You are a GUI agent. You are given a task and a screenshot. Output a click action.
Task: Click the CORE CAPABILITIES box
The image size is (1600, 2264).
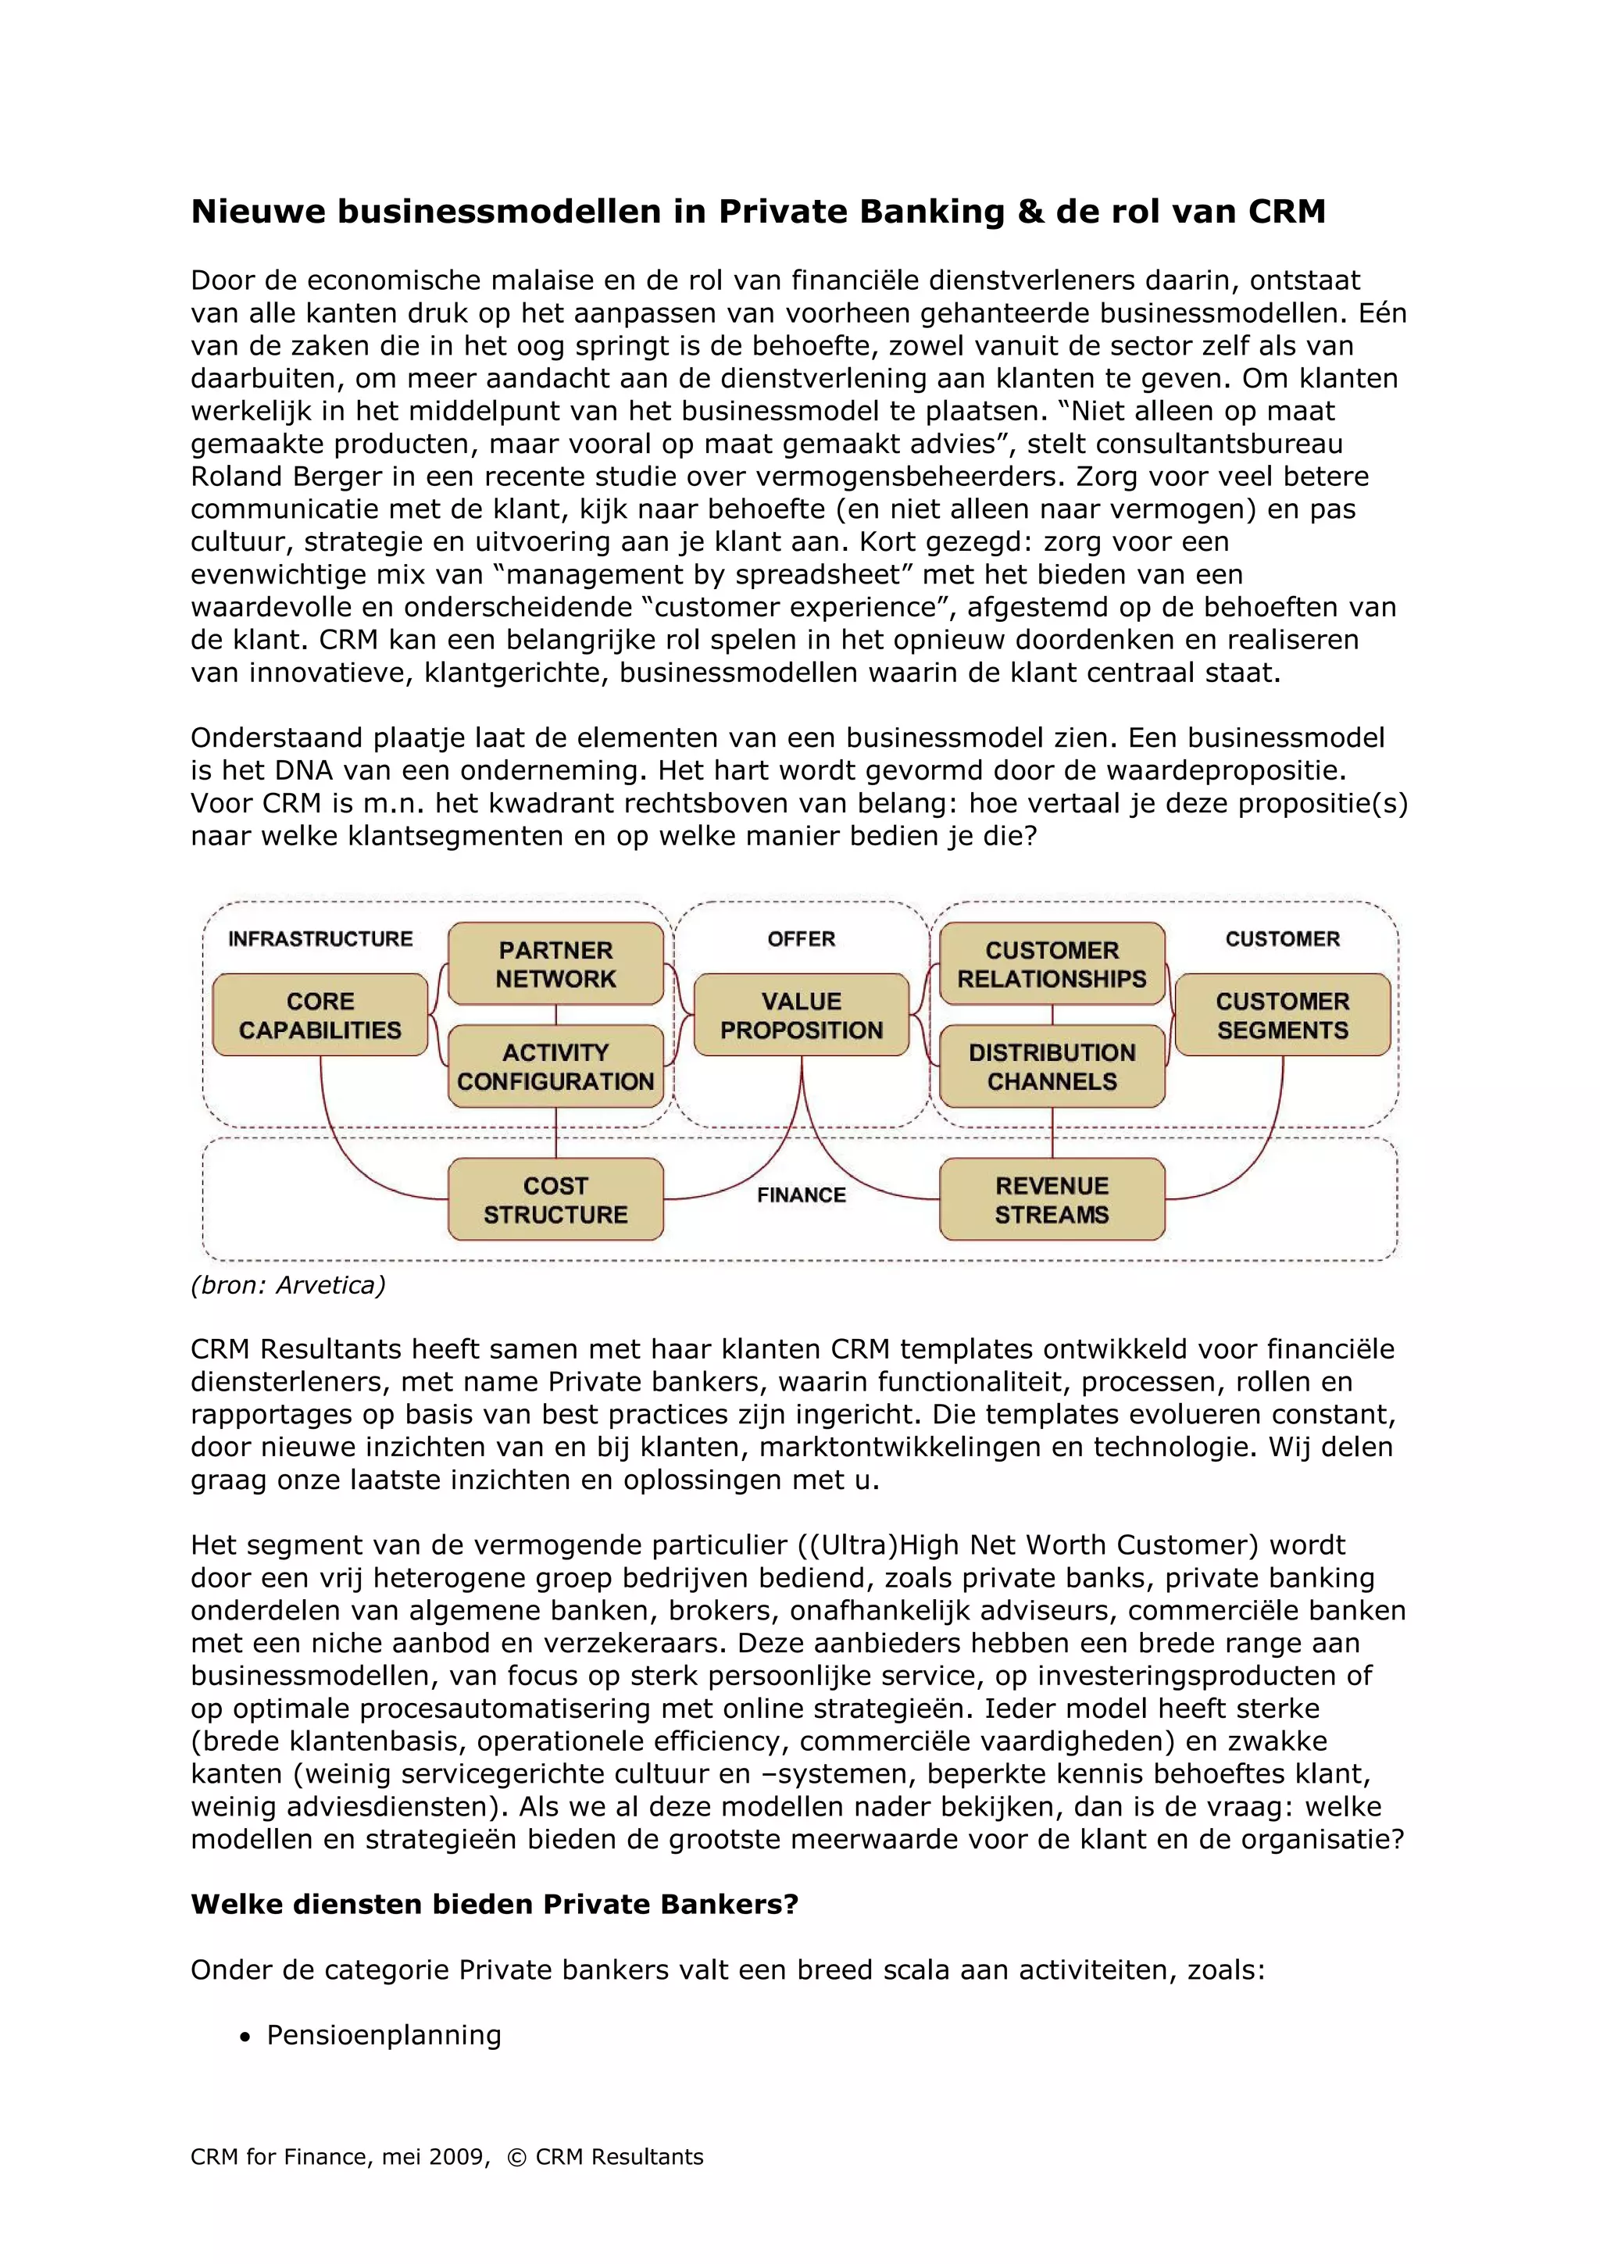pos(320,1015)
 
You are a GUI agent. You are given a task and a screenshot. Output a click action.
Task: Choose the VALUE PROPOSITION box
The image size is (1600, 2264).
pos(801,1015)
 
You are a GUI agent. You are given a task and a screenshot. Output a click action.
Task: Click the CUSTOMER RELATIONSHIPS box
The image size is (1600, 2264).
pos(1052,963)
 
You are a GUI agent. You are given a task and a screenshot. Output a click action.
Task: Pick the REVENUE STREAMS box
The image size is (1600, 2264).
pos(1052,1199)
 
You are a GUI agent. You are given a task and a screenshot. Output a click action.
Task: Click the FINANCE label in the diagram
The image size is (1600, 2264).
pos(801,1194)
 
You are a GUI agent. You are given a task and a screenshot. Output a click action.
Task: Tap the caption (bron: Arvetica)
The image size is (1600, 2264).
pos(287,1285)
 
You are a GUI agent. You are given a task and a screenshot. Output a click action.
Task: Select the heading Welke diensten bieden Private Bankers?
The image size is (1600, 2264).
pos(494,1904)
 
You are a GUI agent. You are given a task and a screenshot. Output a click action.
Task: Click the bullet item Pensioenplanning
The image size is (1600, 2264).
pos(384,2034)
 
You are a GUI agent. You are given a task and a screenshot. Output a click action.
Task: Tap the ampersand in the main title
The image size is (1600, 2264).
pos(1031,211)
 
